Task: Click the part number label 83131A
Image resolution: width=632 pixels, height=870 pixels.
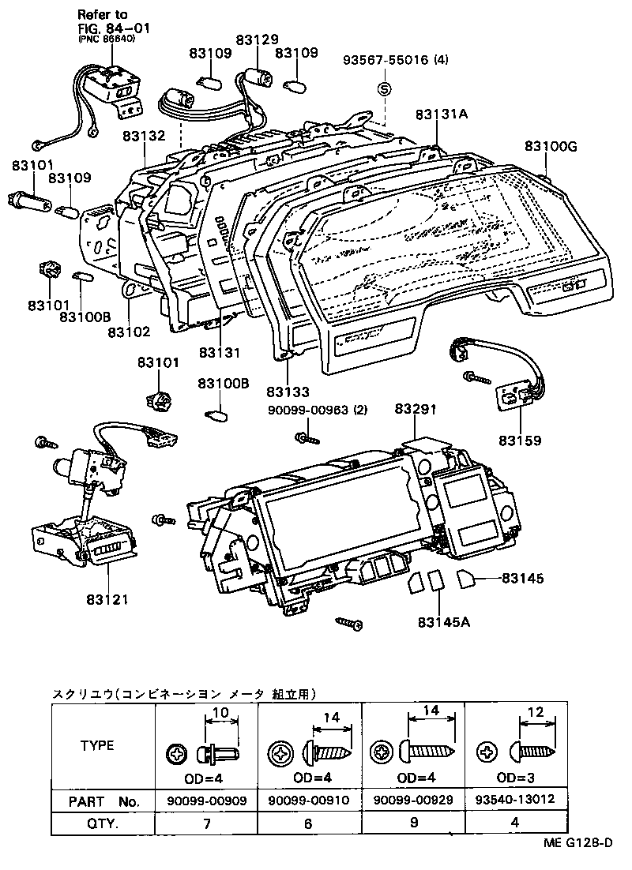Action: [x=442, y=114]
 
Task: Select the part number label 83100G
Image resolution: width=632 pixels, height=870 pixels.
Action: [x=551, y=146]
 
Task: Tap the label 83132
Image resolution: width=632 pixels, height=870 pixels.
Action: [x=144, y=136]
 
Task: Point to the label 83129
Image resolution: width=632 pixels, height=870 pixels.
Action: [x=257, y=39]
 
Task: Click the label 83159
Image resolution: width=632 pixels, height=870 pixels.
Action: [x=520, y=439]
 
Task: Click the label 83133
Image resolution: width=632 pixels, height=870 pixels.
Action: [x=288, y=392]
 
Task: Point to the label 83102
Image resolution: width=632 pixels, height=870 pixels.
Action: [x=129, y=333]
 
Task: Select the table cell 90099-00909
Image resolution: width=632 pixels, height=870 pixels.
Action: [x=206, y=801]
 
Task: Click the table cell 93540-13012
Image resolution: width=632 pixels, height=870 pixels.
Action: [x=516, y=799]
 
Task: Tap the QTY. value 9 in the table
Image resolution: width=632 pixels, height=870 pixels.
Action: [x=412, y=823]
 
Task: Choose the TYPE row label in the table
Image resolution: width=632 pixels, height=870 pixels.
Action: [x=97, y=744]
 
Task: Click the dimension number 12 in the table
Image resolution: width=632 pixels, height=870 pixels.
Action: [x=536, y=712]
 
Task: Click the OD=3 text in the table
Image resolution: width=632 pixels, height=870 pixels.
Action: [x=515, y=776]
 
